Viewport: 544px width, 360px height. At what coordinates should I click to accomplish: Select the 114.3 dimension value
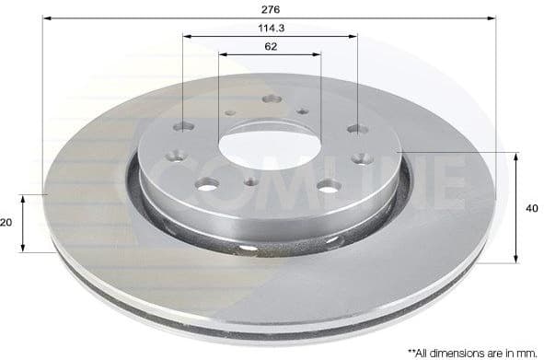click(x=270, y=28)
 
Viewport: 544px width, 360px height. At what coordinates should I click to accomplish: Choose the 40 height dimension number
click(x=532, y=208)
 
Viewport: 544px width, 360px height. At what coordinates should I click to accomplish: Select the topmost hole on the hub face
click(x=270, y=99)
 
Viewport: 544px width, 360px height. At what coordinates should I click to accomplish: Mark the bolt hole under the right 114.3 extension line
click(x=357, y=127)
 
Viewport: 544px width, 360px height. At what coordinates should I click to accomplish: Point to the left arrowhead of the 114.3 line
click(x=186, y=37)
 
